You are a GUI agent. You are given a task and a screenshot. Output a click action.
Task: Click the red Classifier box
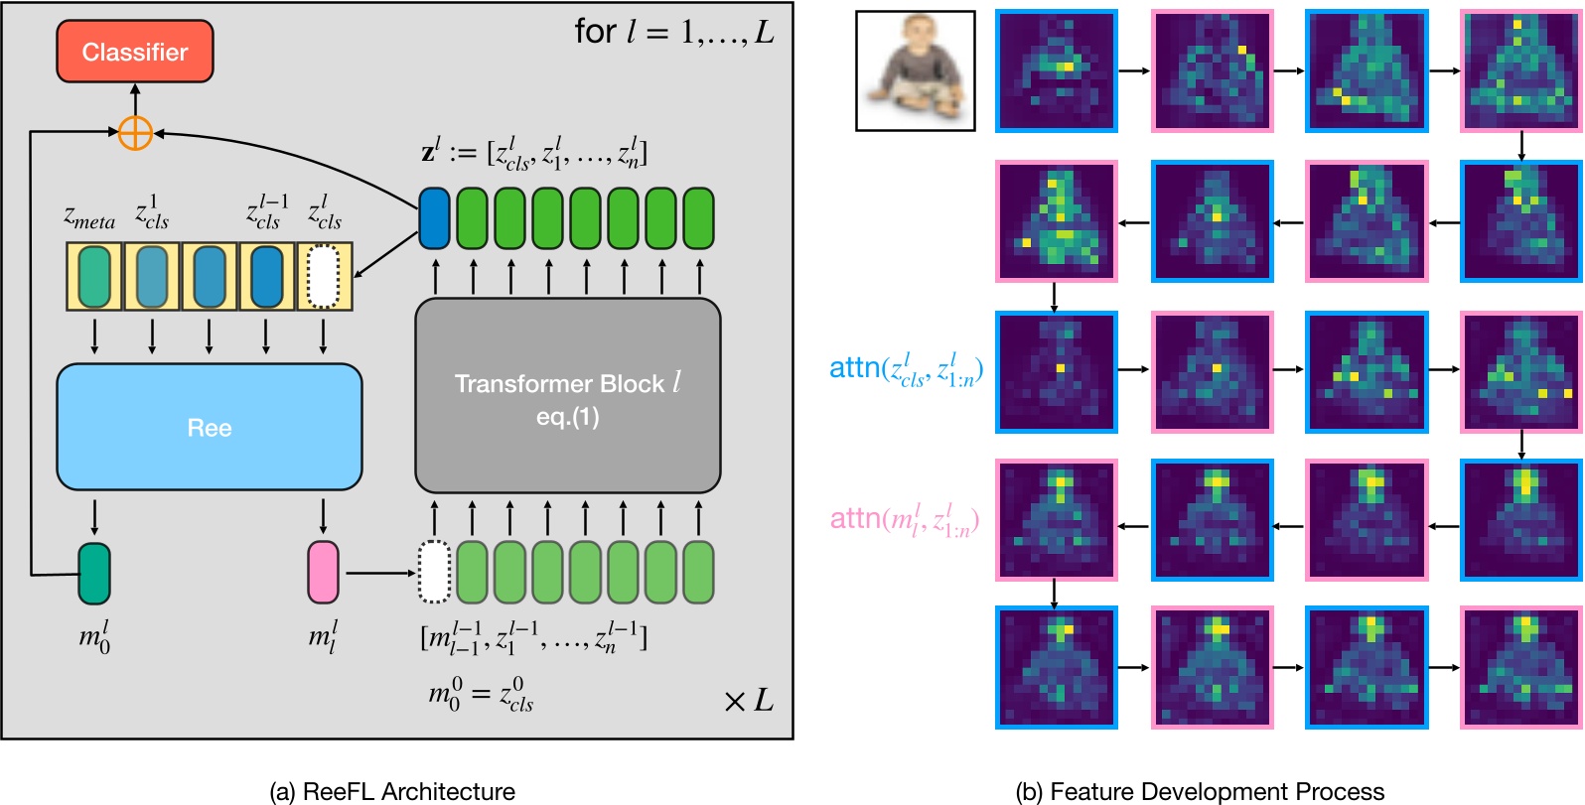[x=135, y=52]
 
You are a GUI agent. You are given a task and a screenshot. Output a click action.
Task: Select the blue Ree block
[x=209, y=427]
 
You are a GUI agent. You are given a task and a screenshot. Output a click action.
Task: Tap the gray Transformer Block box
[x=567, y=396]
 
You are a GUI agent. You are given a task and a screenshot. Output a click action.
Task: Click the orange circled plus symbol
[x=135, y=132]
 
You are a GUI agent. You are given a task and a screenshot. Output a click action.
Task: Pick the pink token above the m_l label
[x=323, y=572]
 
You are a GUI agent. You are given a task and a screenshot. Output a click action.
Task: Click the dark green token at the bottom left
[x=94, y=573]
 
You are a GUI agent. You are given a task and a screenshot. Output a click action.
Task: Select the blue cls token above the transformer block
[x=434, y=217]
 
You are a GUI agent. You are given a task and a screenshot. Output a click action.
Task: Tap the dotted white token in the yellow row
[x=324, y=276]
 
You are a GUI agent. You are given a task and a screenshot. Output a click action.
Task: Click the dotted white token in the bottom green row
[x=434, y=572]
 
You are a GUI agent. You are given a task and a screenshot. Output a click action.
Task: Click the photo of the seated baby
[x=915, y=70]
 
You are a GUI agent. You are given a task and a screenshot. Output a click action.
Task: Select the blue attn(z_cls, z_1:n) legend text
[x=906, y=369]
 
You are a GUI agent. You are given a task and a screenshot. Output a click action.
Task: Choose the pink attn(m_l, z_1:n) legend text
[x=905, y=519]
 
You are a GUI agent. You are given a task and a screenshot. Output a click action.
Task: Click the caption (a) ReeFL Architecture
[x=392, y=791]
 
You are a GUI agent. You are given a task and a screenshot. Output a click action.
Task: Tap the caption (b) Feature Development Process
[x=1200, y=791]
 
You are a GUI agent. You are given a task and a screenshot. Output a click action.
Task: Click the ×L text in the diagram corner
[x=749, y=701]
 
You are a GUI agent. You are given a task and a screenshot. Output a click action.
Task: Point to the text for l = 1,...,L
[x=673, y=33]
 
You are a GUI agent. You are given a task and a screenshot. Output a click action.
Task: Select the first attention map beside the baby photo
[x=1057, y=70]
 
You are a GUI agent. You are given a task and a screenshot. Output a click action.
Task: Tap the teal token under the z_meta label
[x=94, y=276]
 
